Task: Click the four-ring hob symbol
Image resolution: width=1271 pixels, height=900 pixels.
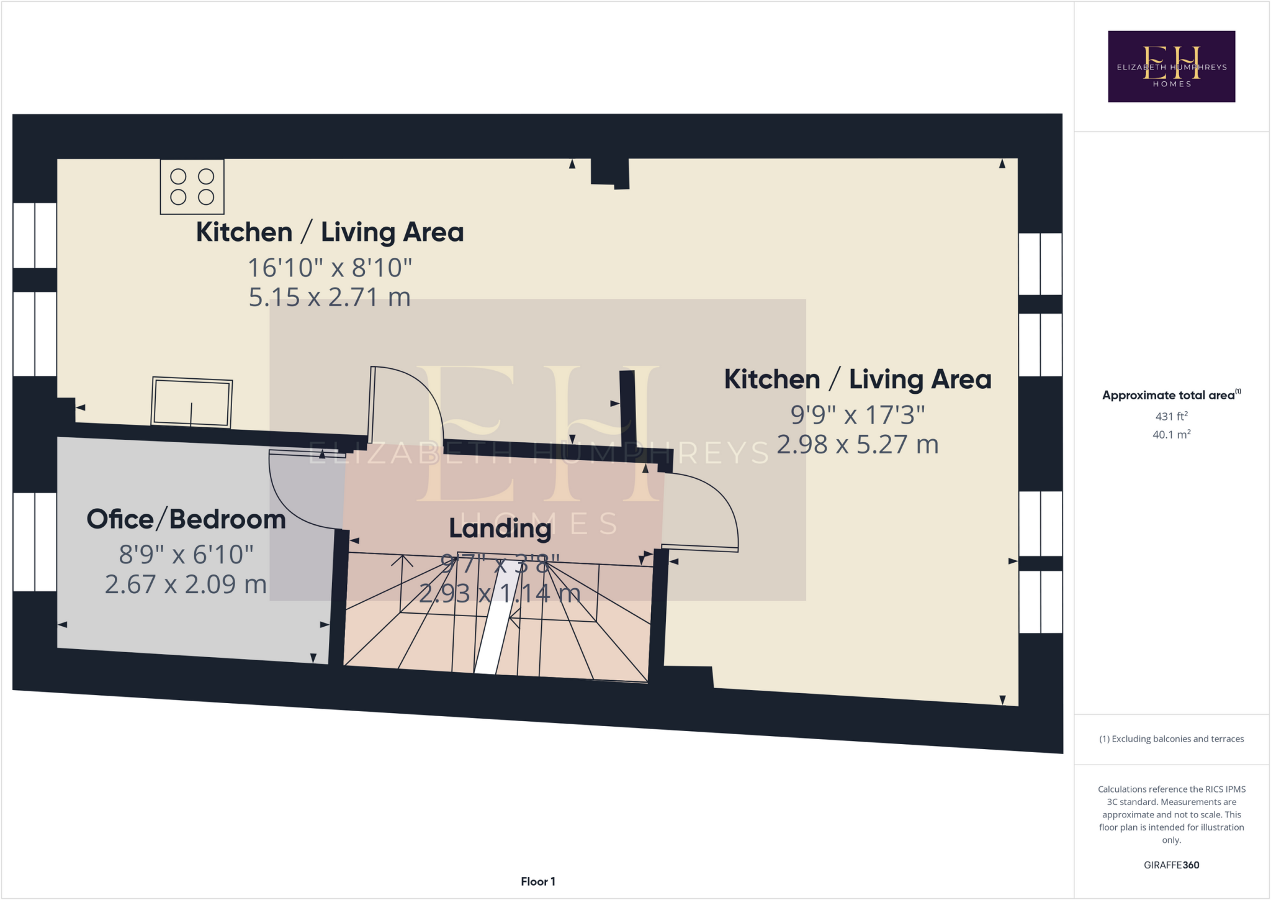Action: point(192,187)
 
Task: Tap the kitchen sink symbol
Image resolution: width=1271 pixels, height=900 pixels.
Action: point(192,402)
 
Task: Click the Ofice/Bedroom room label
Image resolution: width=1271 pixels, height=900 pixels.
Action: point(186,519)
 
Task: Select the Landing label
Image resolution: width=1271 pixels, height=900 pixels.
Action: point(500,528)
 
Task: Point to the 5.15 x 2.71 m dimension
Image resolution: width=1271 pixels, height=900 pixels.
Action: point(330,298)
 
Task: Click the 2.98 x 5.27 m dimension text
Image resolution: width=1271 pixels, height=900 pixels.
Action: point(857,445)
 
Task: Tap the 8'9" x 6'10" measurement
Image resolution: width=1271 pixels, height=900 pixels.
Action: point(186,554)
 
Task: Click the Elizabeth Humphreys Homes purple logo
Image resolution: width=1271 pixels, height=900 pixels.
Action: point(1171,66)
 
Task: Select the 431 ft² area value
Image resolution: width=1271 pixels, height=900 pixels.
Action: point(1171,416)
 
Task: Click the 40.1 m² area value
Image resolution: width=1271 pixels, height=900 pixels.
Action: point(1171,435)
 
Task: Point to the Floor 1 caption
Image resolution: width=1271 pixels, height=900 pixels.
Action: point(537,881)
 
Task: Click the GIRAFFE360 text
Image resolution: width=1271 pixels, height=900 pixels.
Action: point(1171,865)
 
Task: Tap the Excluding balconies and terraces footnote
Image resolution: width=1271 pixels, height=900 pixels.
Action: point(1171,739)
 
